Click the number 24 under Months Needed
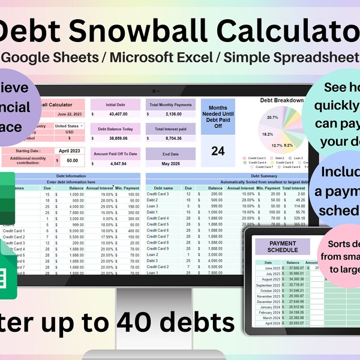click(x=218, y=151)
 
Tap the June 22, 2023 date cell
click(x=70, y=114)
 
